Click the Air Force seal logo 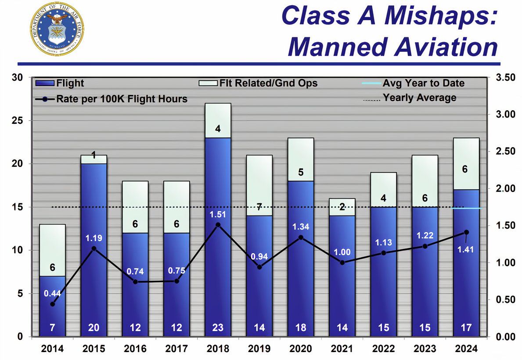[x=57, y=29]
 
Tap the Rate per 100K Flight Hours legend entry [x=112, y=99]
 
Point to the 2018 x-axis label [x=218, y=349]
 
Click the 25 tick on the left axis [x=17, y=121]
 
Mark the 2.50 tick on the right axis [x=504, y=151]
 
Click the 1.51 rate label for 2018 [x=218, y=215]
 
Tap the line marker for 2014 [x=53, y=304]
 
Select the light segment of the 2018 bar [x=218, y=120]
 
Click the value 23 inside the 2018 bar [x=218, y=328]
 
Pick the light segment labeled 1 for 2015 [x=94, y=159]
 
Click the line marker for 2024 [x=466, y=232]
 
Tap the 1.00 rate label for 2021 [x=342, y=252]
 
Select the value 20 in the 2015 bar [x=94, y=328]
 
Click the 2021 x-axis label [x=342, y=349]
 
